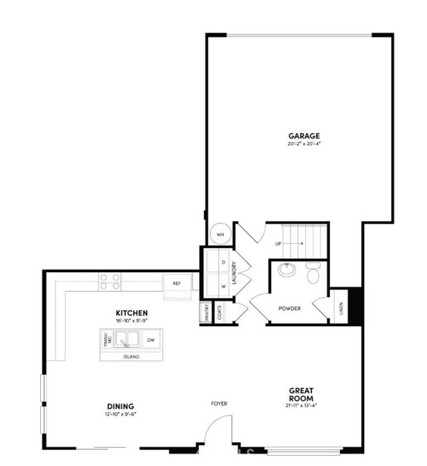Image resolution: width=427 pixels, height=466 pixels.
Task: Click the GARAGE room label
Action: coord(304,136)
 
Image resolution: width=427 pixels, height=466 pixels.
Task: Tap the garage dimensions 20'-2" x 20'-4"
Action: coord(304,144)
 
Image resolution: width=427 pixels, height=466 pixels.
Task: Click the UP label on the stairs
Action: coord(278,244)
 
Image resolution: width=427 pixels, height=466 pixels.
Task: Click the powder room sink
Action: coord(286,271)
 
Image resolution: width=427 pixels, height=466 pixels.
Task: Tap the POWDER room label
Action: coord(289,309)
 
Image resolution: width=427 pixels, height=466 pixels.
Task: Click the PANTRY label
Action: coord(207,312)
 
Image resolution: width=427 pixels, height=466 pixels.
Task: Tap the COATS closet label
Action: coord(219,312)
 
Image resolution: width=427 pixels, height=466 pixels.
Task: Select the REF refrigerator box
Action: coord(177,283)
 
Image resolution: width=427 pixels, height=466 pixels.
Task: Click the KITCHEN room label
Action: coord(132,313)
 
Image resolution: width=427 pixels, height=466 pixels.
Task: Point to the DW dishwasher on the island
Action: coord(151,340)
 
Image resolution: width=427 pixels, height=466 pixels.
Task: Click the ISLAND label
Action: coord(131,357)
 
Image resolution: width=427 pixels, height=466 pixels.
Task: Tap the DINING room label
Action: coord(120,406)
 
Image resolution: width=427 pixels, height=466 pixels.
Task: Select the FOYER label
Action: coord(219,403)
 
